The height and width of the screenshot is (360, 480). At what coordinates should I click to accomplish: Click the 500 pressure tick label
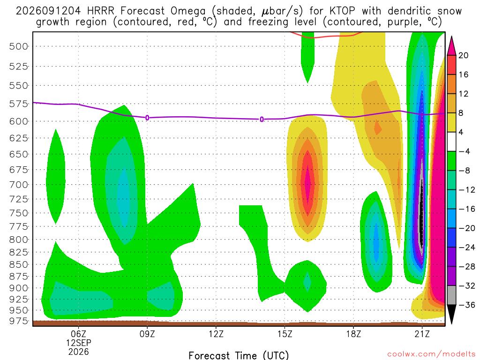coord(18,46)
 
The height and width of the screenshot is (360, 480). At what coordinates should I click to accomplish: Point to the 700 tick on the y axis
coord(18,185)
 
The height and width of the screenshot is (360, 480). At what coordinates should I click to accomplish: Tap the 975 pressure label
coord(18,321)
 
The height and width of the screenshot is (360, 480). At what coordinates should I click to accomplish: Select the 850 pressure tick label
coord(18,264)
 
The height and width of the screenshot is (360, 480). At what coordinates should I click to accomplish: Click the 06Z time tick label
coord(79,334)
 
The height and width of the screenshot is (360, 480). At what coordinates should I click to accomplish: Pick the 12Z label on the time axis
coord(216,334)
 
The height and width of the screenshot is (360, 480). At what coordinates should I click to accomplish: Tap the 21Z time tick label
coord(422,334)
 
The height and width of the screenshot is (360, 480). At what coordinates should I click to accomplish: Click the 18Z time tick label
coord(353,334)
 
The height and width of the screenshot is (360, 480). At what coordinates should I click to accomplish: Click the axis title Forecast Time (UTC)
coord(239,355)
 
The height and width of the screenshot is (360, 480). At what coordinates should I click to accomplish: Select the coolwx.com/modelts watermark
coord(431,354)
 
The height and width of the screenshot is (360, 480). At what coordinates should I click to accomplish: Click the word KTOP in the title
coord(343,11)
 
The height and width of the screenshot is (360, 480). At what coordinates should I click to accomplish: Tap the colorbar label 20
coord(464,55)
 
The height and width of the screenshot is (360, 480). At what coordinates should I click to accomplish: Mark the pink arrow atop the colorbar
coord(451,46)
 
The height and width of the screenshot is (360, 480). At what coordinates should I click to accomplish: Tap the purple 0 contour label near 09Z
coord(147,118)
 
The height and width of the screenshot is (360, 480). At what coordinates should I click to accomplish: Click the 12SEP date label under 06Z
coord(79,343)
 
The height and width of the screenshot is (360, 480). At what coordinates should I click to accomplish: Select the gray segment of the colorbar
coord(451,295)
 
